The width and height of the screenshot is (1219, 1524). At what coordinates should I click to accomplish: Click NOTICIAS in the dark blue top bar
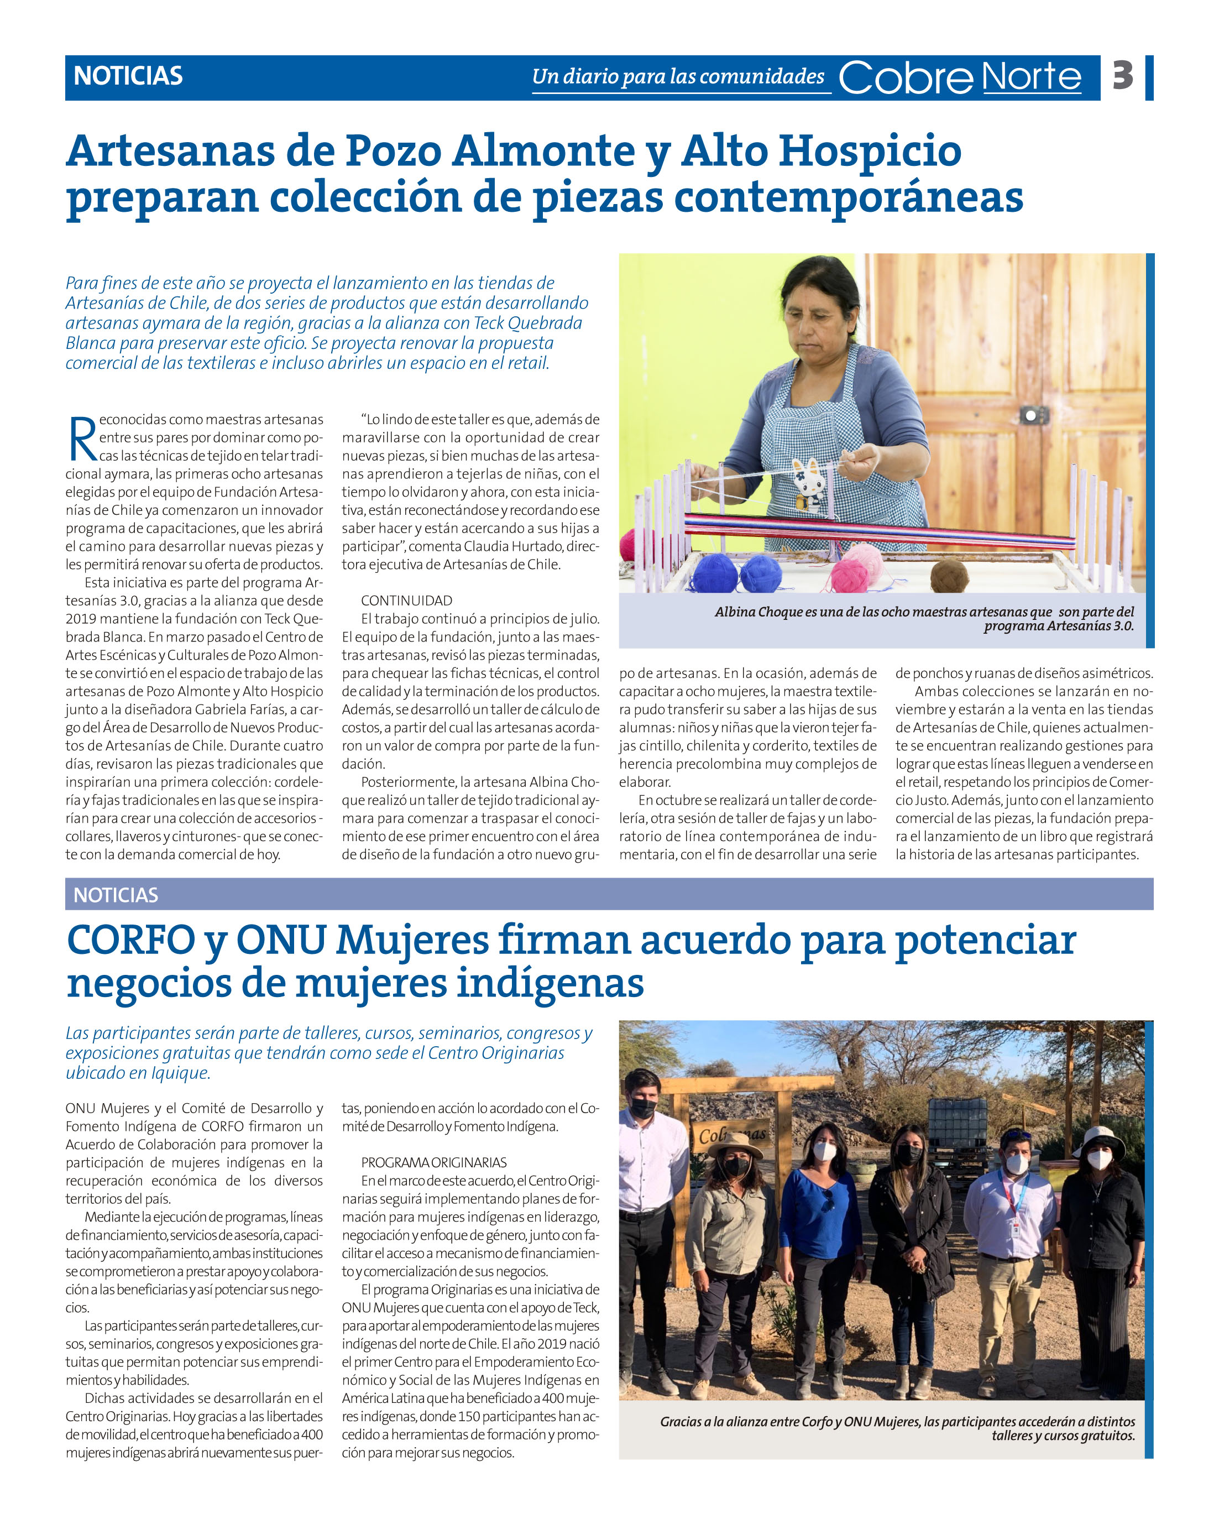pyautogui.click(x=128, y=76)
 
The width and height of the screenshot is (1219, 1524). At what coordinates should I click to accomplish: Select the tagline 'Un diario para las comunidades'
pyautogui.click(x=678, y=76)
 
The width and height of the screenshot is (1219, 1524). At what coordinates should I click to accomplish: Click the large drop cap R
pyautogui.click(x=82, y=439)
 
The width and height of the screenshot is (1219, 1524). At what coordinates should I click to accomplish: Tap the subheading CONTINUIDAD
pyautogui.click(x=406, y=600)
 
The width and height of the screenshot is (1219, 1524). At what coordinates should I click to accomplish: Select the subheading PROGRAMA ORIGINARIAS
pyautogui.click(x=433, y=1162)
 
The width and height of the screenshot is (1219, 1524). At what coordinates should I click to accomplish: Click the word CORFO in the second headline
pyautogui.click(x=130, y=940)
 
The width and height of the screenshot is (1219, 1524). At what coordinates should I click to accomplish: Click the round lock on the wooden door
pyautogui.click(x=1031, y=415)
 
